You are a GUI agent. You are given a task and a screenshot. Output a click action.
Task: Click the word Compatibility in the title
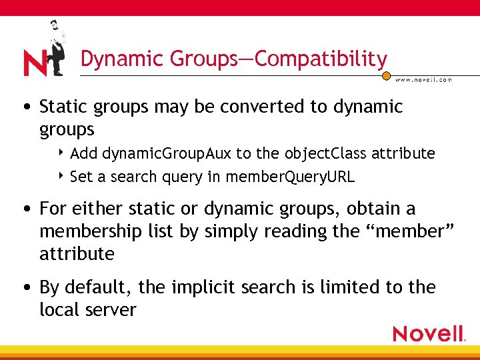pos(320,59)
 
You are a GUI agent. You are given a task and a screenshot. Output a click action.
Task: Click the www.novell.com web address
pos(423,79)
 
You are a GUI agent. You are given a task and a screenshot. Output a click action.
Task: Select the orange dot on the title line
pos(386,76)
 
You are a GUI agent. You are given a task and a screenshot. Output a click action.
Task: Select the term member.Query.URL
pos(291,177)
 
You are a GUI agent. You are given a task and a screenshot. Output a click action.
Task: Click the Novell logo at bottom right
pos(429,333)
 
